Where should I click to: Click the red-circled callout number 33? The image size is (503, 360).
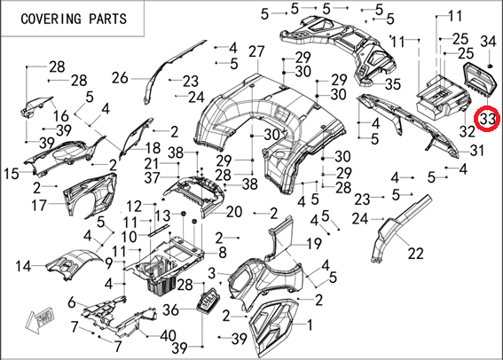pyautogui.click(x=487, y=119)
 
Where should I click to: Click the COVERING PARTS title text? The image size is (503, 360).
pyautogui.click(x=74, y=19)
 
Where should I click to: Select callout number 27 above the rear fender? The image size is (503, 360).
pyautogui.click(x=256, y=51)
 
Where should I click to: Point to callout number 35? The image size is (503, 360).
pyautogui.click(x=393, y=84)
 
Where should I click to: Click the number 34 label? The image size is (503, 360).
pyautogui.click(x=488, y=42)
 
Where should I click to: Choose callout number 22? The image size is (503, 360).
pyautogui.click(x=416, y=254)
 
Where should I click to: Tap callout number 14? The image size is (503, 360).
pyautogui.click(x=23, y=266)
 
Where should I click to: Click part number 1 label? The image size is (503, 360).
pyautogui.click(x=310, y=325)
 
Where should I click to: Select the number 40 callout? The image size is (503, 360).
pyautogui.click(x=168, y=336)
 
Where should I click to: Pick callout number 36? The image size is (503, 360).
pyautogui.click(x=171, y=309)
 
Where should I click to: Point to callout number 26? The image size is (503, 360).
pyautogui.click(x=120, y=78)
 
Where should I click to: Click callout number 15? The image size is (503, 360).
pyautogui.click(x=12, y=174)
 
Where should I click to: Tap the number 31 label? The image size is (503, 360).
pyautogui.click(x=477, y=150)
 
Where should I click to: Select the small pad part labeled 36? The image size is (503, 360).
pyautogui.click(x=210, y=301)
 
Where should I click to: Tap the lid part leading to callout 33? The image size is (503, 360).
pyautogui.click(x=481, y=80)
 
